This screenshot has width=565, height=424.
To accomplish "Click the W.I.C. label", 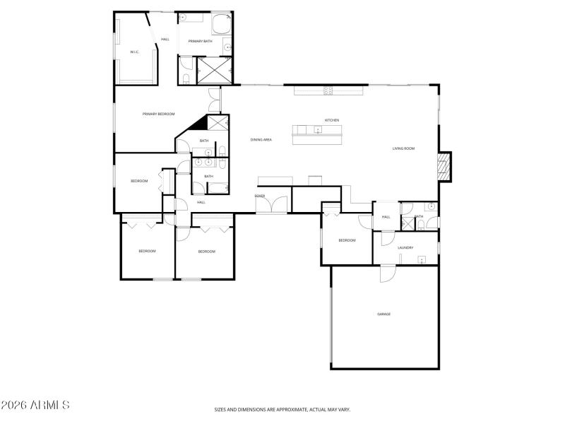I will (x=134, y=52).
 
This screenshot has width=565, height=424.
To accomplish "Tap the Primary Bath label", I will (x=200, y=41).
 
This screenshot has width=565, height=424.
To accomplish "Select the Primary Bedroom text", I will (x=158, y=114).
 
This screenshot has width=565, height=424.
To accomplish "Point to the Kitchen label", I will (x=332, y=120).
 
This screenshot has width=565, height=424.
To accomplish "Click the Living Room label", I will (x=404, y=148).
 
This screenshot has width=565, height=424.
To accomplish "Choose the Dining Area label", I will (x=261, y=140).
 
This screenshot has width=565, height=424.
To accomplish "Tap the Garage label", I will (x=383, y=314).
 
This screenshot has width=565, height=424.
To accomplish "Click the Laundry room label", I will (x=405, y=247).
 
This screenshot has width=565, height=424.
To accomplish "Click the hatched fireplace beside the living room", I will (x=443, y=167).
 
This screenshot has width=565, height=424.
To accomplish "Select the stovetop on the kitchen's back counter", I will (x=328, y=89).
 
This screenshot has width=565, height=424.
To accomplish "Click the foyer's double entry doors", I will (x=272, y=204).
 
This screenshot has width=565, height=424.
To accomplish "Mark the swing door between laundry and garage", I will (x=388, y=273).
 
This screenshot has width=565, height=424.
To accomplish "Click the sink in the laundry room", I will (x=421, y=259).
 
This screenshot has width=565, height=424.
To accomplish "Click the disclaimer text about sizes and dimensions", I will (x=282, y=409).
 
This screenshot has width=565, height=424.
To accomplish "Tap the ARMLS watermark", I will (x=35, y=405).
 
